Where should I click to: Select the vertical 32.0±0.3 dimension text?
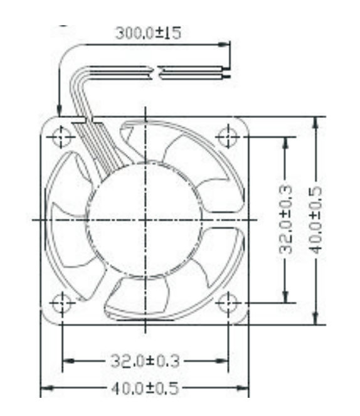286,219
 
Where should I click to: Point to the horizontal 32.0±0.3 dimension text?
145,361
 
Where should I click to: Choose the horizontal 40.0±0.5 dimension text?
145,388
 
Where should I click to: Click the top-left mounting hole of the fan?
62,136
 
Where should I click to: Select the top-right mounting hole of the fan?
226,136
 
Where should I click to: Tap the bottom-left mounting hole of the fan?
62,304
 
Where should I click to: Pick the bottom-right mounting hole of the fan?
226,304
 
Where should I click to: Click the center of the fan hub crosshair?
145,220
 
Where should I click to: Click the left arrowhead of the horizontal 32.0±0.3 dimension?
68,361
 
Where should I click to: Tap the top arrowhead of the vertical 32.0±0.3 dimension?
286,142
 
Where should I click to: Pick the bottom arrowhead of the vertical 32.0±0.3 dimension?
286,298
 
